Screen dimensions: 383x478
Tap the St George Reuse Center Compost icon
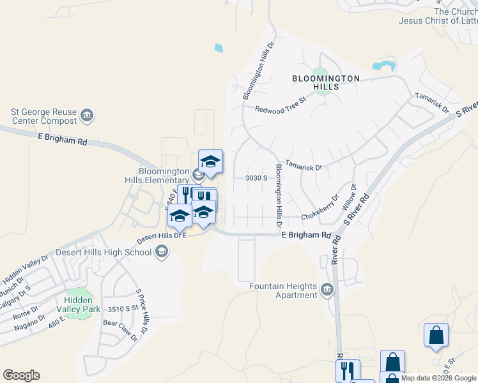pyautogui.click(x=88, y=116)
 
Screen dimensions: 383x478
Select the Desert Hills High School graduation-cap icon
pyautogui.click(x=162, y=252)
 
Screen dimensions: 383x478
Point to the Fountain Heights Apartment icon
pyautogui.click(x=327, y=290)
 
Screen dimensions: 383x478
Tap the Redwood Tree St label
pyautogui.click(x=281, y=105)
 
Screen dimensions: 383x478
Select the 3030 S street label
pyautogui.click(x=256, y=178)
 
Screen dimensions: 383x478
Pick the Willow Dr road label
pyautogui.click(x=351, y=198)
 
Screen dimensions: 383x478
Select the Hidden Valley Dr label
pyautogui.click(x=26, y=269)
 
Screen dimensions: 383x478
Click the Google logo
pyautogui.click(x=21, y=375)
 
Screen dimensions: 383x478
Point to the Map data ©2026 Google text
pyautogui.click(x=439, y=378)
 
